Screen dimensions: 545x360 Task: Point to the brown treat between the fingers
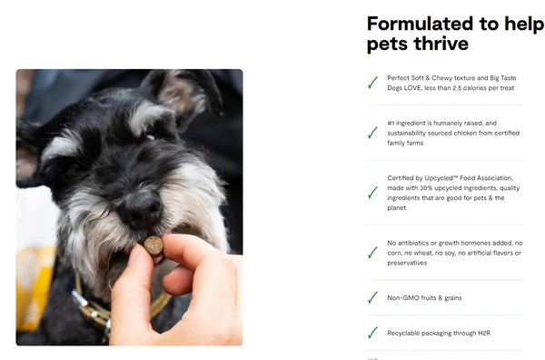click(154, 245)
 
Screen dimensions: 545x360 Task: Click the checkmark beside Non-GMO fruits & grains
click(372, 298)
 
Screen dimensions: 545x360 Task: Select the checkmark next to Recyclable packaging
click(372, 333)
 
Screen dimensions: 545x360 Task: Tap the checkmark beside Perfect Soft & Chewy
click(372, 83)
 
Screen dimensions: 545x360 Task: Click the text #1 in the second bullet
click(391, 123)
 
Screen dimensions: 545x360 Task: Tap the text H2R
click(484, 333)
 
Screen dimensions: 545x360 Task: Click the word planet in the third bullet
click(397, 207)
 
